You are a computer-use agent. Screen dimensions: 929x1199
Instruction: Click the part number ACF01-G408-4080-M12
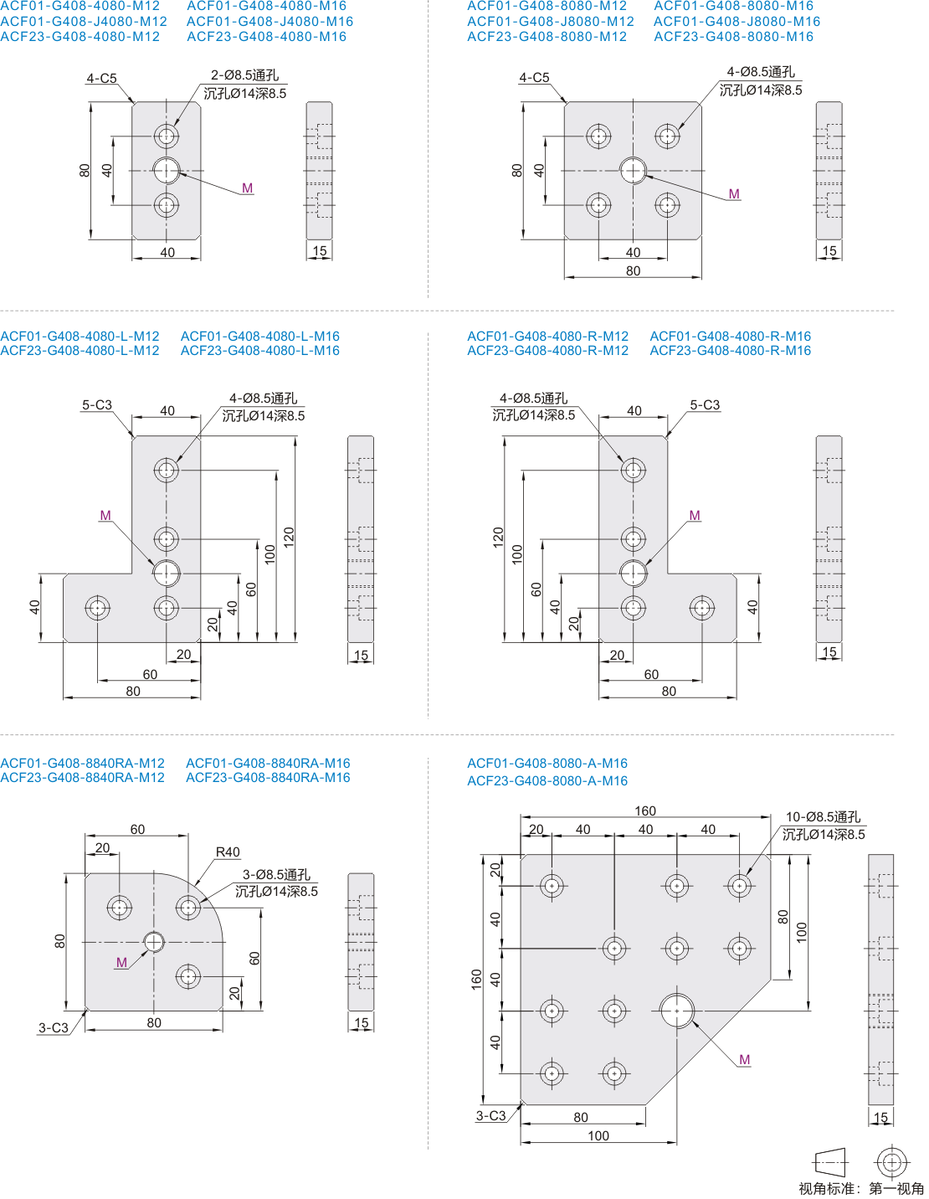tap(80, 6)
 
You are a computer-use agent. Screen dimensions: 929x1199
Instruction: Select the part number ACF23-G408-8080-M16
tap(733, 36)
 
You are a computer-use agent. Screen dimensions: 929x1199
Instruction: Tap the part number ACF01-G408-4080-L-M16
tap(259, 336)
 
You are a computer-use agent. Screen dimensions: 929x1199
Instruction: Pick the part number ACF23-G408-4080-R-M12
tap(547, 350)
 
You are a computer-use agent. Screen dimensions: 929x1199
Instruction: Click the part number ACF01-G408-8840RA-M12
tap(82, 763)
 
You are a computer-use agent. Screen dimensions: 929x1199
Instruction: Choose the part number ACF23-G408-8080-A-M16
tap(547, 780)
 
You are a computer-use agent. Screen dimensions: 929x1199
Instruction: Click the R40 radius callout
tap(228, 852)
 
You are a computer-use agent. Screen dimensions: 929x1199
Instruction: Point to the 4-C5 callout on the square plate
tap(534, 78)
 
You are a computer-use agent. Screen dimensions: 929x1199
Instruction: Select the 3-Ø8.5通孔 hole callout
tap(276, 875)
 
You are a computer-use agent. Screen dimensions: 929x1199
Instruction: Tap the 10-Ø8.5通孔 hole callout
tap(823, 817)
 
